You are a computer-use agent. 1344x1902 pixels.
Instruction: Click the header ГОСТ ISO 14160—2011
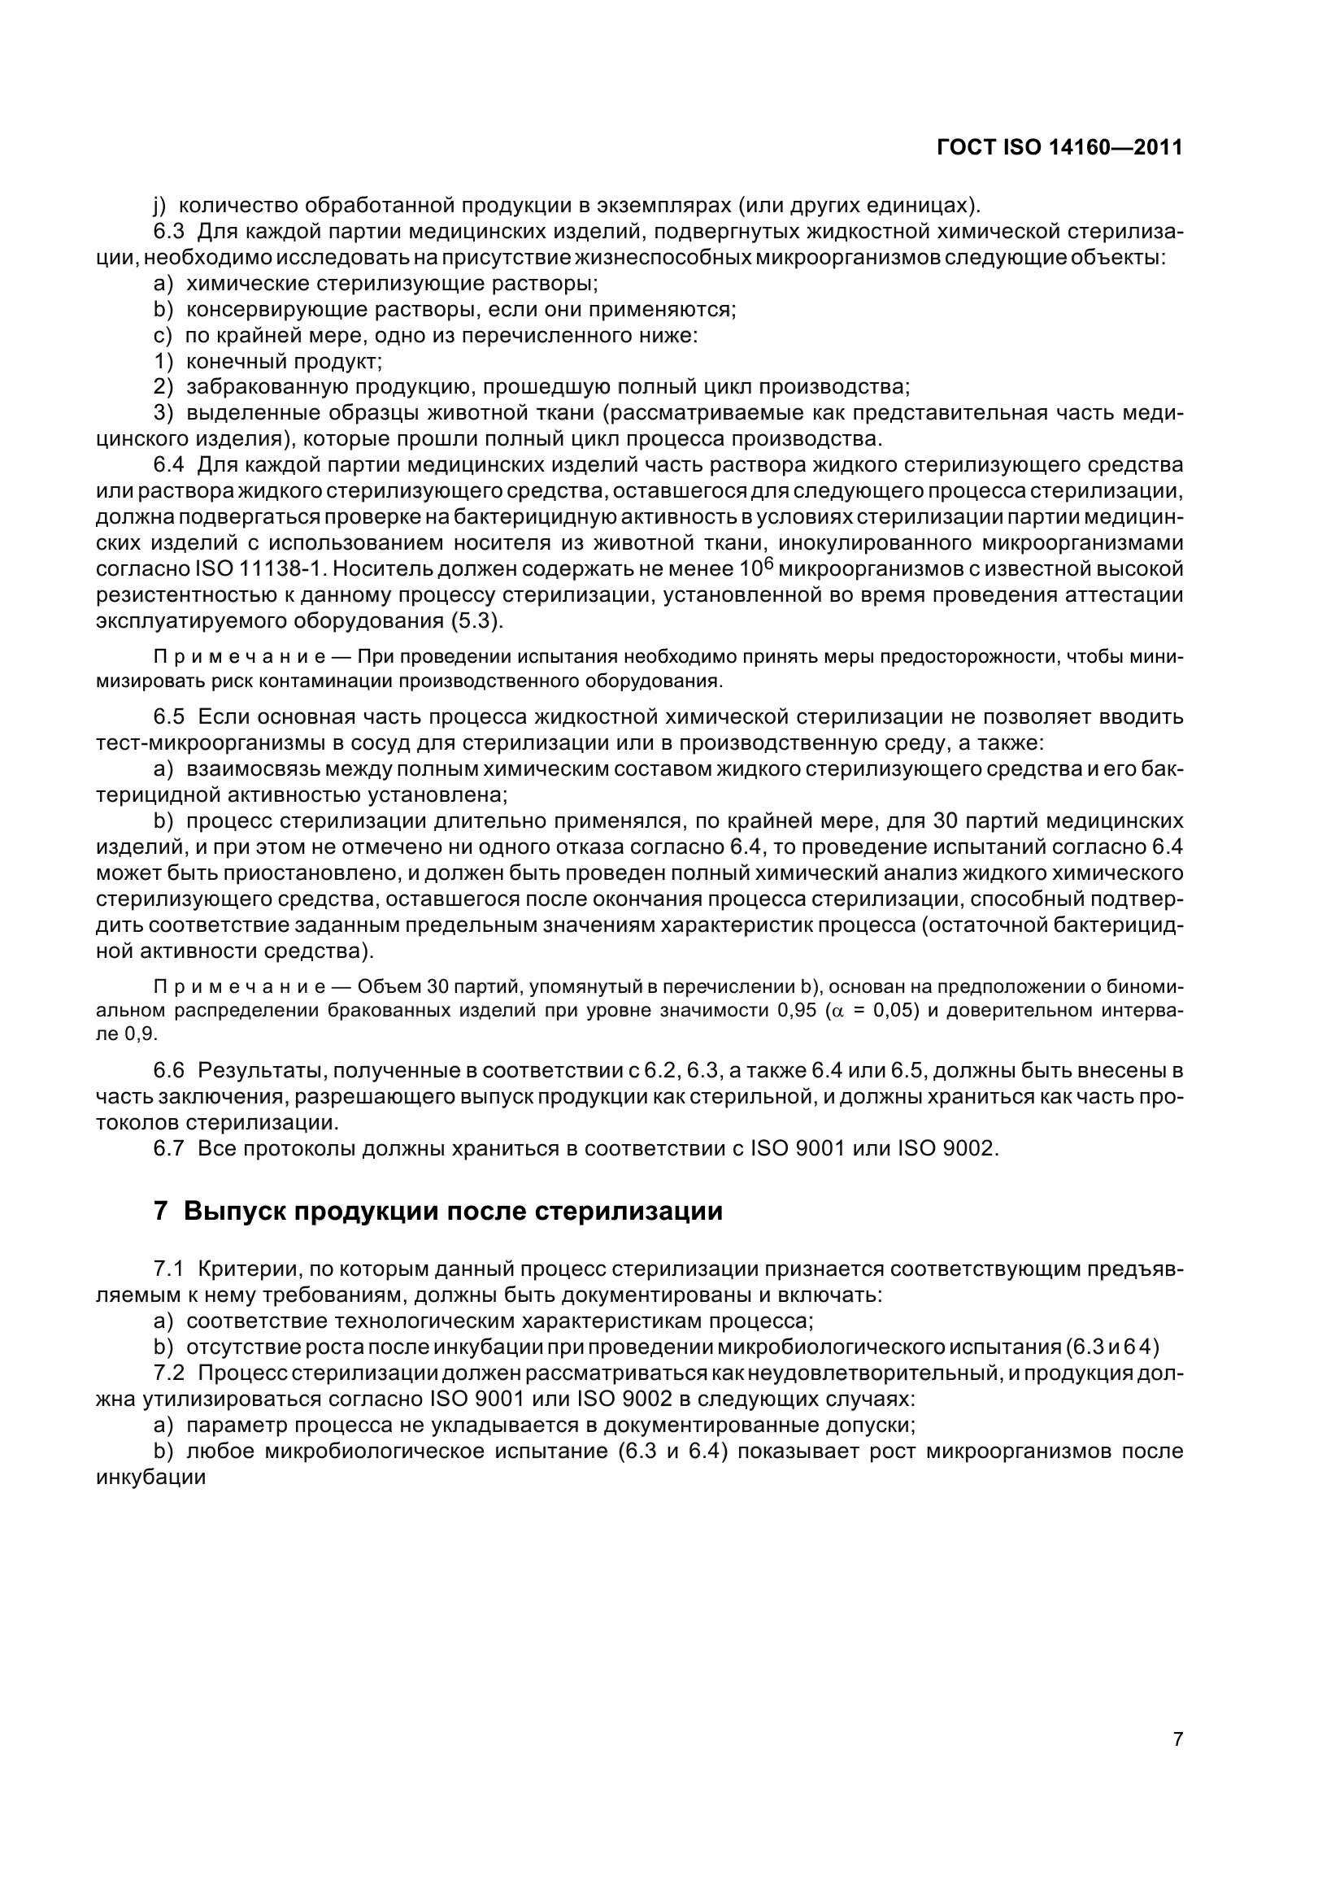click(1059, 148)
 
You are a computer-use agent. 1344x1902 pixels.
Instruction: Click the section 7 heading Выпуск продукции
click(438, 1211)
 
